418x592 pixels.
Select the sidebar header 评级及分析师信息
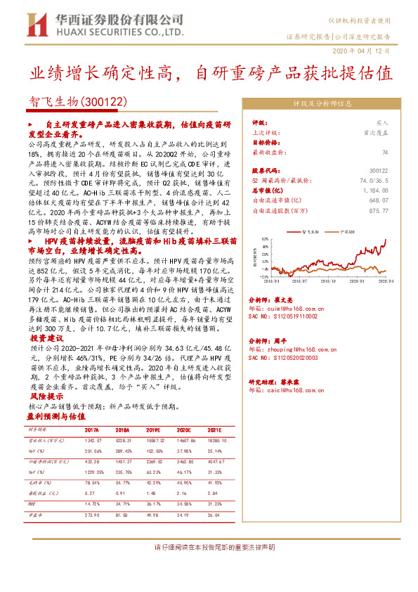[x=322, y=103]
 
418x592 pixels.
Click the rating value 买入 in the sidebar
[x=382, y=122]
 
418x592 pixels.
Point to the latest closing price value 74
[x=385, y=152]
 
